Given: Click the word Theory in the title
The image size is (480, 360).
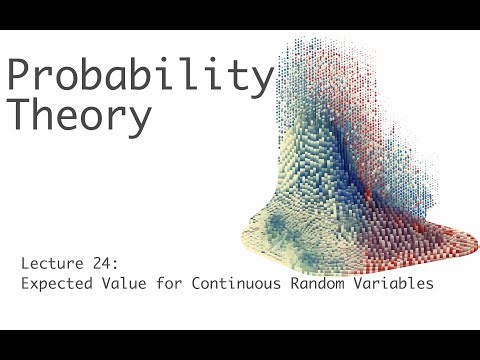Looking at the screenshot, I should (x=80, y=116).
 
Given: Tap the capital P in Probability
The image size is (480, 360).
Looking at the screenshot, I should (x=20, y=76).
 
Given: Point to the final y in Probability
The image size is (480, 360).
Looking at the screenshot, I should (x=261, y=82).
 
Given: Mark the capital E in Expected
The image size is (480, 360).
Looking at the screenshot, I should (x=24, y=283).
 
